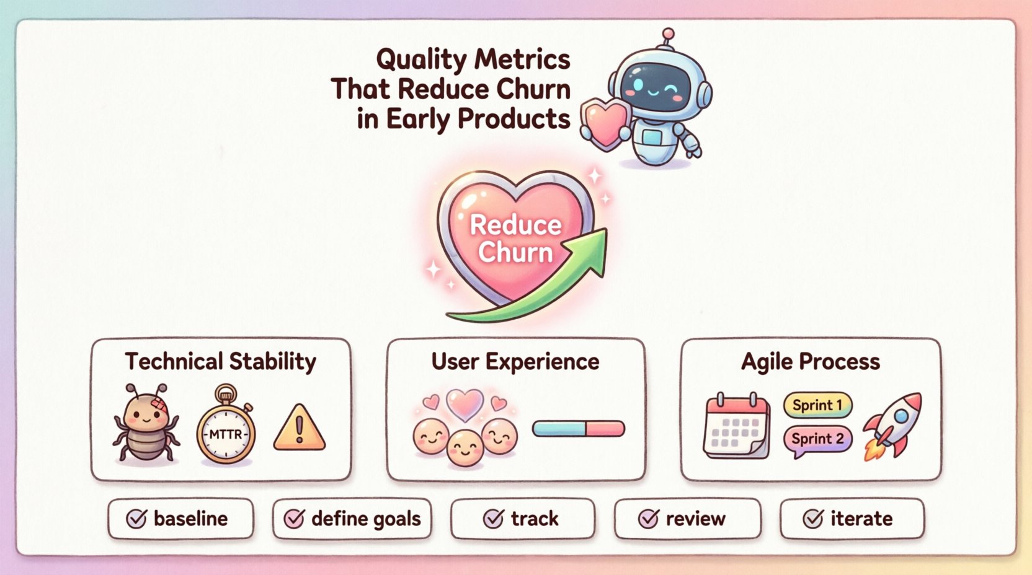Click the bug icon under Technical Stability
tap(146, 425)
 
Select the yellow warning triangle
tap(299, 429)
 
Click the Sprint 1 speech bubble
tap(817, 405)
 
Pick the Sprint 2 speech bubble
tap(817, 439)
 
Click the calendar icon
tap(737, 426)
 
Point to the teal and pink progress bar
tap(578, 428)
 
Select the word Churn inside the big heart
tap(515, 253)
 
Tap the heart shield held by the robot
tap(606, 122)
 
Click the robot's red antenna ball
tap(668, 33)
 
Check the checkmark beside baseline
tap(136, 519)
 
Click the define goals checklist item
tap(352, 519)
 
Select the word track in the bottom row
tap(535, 519)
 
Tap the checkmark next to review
tap(648, 519)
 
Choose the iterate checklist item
tap(852, 519)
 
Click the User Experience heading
tap(515, 361)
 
